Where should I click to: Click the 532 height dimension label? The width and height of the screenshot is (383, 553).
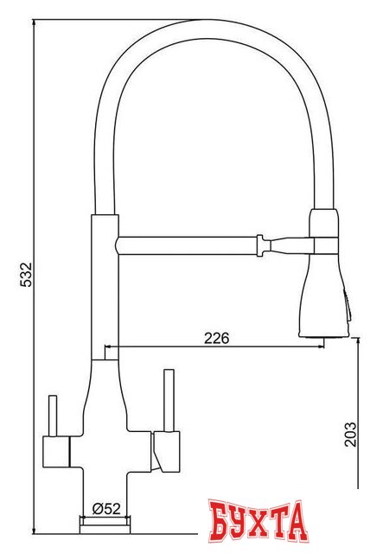[x=28, y=276]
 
